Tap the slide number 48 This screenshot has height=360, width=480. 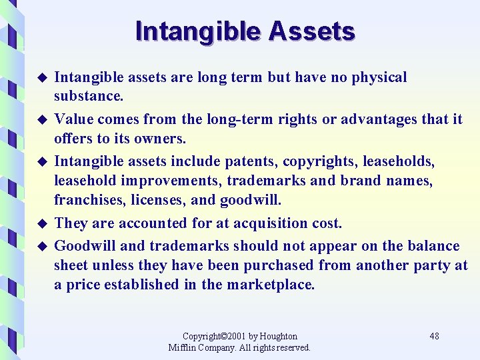click(x=434, y=336)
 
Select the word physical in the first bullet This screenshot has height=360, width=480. click(x=379, y=77)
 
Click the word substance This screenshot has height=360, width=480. click(x=89, y=96)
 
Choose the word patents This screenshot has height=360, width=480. click(x=252, y=161)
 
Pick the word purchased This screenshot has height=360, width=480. click(x=279, y=265)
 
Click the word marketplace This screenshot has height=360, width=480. click(x=270, y=284)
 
